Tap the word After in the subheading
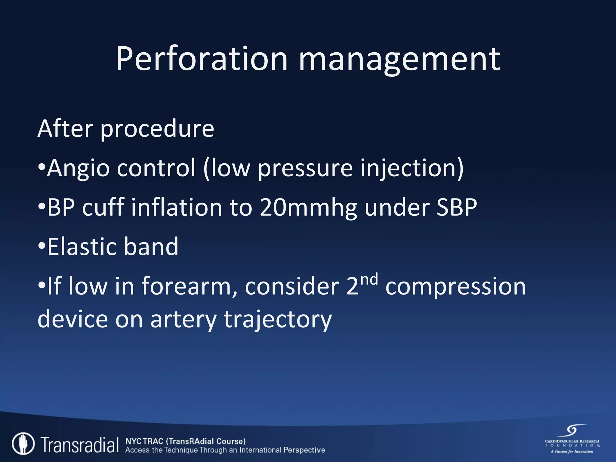point(65,128)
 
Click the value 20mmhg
point(308,208)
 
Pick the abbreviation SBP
point(457,207)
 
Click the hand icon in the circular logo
point(23,444)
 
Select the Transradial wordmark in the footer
point(80,445)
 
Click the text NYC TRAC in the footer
point(144,441)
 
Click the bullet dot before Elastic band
point(42,246)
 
